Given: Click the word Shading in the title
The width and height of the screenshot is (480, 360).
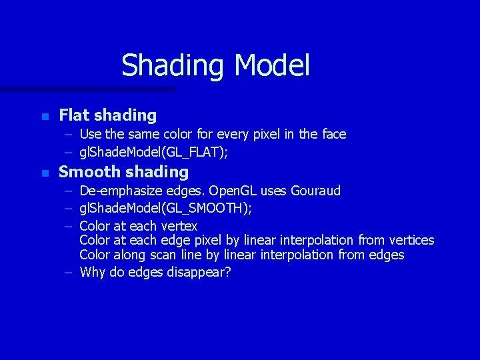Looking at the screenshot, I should coord(174,66).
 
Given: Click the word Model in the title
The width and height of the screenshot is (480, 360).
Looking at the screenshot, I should coord(273,65).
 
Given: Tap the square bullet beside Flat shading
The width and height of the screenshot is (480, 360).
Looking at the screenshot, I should coord(45,117).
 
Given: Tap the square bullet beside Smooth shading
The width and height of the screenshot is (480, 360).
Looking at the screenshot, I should coord(45,173).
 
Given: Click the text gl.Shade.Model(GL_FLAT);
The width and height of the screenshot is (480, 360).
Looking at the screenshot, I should coord(153,153).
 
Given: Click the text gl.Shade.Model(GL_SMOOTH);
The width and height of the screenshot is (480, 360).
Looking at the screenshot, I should coord(165,209).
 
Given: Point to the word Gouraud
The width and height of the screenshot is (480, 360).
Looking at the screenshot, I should coord(315,191).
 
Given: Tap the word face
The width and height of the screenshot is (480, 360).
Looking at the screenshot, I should coord(333,134).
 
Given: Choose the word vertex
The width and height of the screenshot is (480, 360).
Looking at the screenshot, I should coord(178,226).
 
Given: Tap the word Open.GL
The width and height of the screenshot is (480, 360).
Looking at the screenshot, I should coord(232,191).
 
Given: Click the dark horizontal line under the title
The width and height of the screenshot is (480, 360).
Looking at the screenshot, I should coord(87,89).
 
